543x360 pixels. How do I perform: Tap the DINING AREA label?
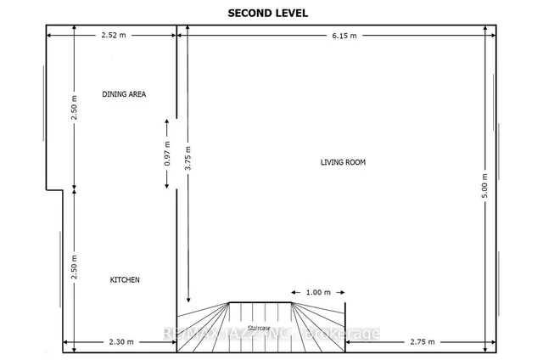(x=124, y=94)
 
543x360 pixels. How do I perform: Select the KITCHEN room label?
(x=125, y=279)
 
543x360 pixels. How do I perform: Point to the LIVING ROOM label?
(x=343, y=161)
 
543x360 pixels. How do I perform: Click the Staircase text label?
(x=259, y=327)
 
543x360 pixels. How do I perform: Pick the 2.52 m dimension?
(x=112, y=35)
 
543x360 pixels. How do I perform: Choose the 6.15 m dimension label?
(x=344, y=35)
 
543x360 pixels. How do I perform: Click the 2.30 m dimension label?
(x=120, y=342)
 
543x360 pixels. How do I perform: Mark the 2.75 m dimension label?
(x=421, y=342)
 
